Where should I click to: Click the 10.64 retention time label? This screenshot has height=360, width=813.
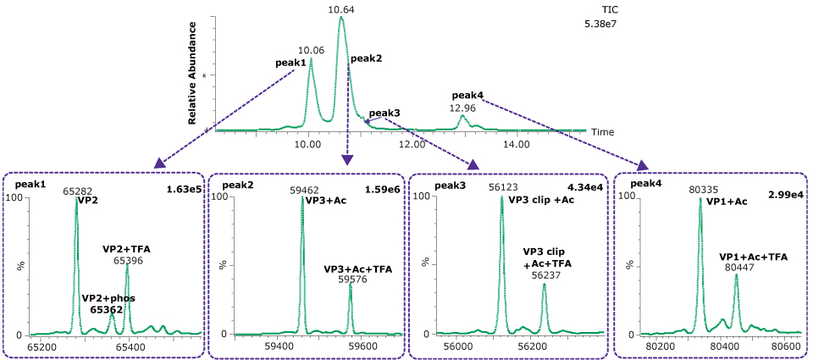click(x=341, y=9)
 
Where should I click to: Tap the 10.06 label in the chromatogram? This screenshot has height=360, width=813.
click(x=311, y=51)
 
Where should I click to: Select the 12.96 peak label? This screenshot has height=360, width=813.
click(x=462, y=108)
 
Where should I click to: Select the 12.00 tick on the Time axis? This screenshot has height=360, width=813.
click(x=412, y=145)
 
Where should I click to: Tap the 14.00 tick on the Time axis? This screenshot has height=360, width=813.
click(x=517, y=145)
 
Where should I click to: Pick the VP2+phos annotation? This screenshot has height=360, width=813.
click(x=108, y=298)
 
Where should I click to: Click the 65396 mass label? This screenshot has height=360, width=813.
click(x=128, y=261)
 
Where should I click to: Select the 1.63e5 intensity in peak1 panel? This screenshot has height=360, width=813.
click(x=184, y=189)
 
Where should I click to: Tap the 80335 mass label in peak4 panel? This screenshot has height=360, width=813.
click(x=700, y=191)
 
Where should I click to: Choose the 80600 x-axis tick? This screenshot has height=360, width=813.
click(x=787, y=346)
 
